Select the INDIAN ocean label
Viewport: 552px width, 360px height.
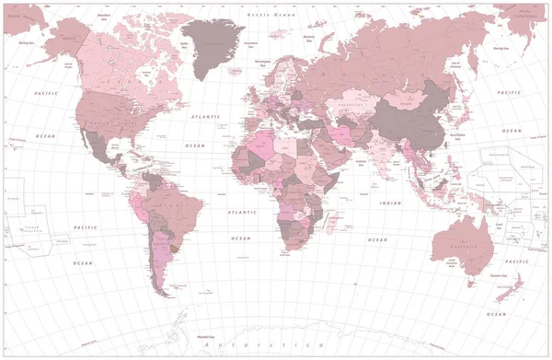click(x=391, y=203)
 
